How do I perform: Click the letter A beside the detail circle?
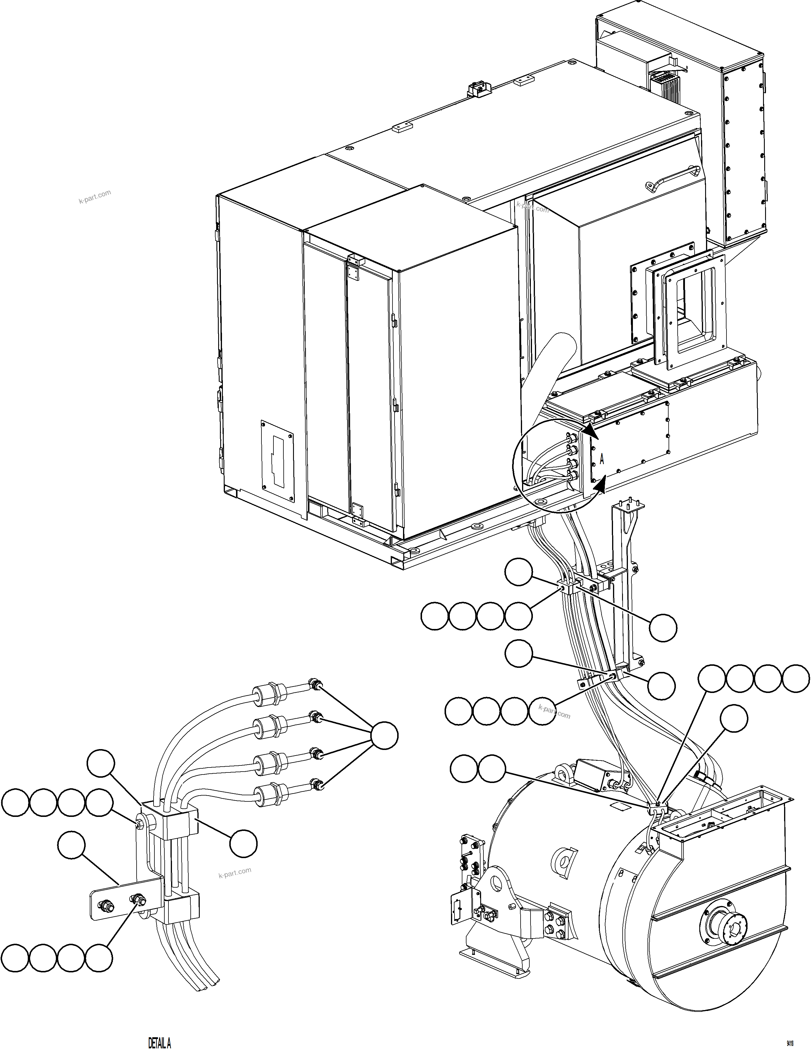[x=602, y=459]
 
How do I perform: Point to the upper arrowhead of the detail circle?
[x=591, y=432]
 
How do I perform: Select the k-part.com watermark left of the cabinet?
[x=95, y=196]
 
